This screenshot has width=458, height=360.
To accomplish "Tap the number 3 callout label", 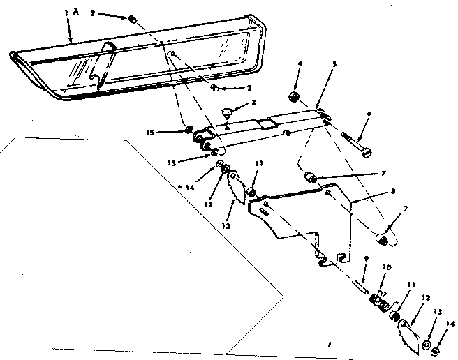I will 254,103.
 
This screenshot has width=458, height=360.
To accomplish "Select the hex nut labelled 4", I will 295,96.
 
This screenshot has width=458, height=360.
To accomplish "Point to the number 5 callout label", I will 334,63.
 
